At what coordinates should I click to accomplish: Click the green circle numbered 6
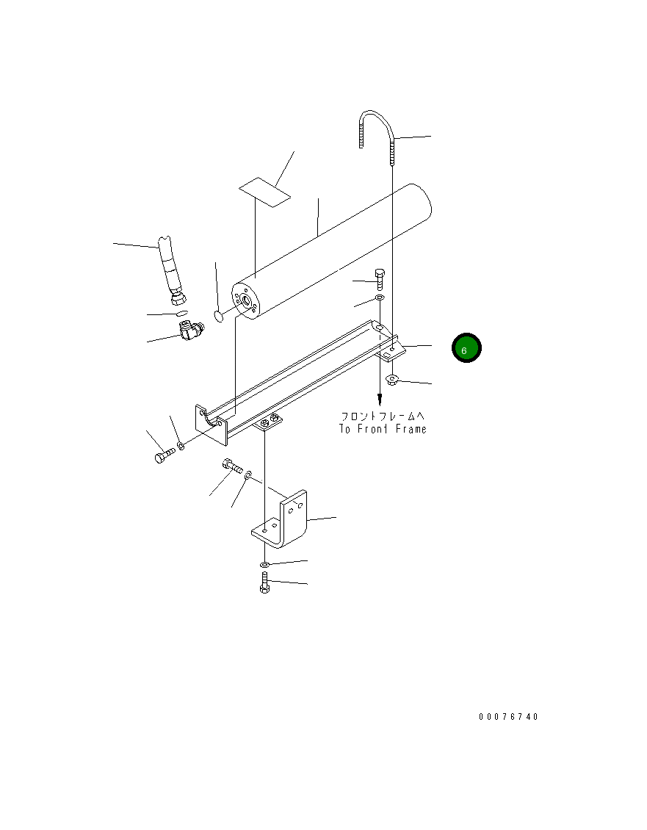pyautogui.click(x=466, y=347)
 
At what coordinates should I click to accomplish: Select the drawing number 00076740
pyautogui.click(x=508, y=716)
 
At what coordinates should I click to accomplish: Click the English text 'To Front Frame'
pyautogui.click(x=383, y=429)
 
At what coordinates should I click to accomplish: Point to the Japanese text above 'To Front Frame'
pyautogui.click(x=383, y=416)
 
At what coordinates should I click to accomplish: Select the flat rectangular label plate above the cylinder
pyautogui.click(x=264, y=192)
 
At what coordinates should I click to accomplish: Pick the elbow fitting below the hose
pyautogui.click(x=192, y=331)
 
